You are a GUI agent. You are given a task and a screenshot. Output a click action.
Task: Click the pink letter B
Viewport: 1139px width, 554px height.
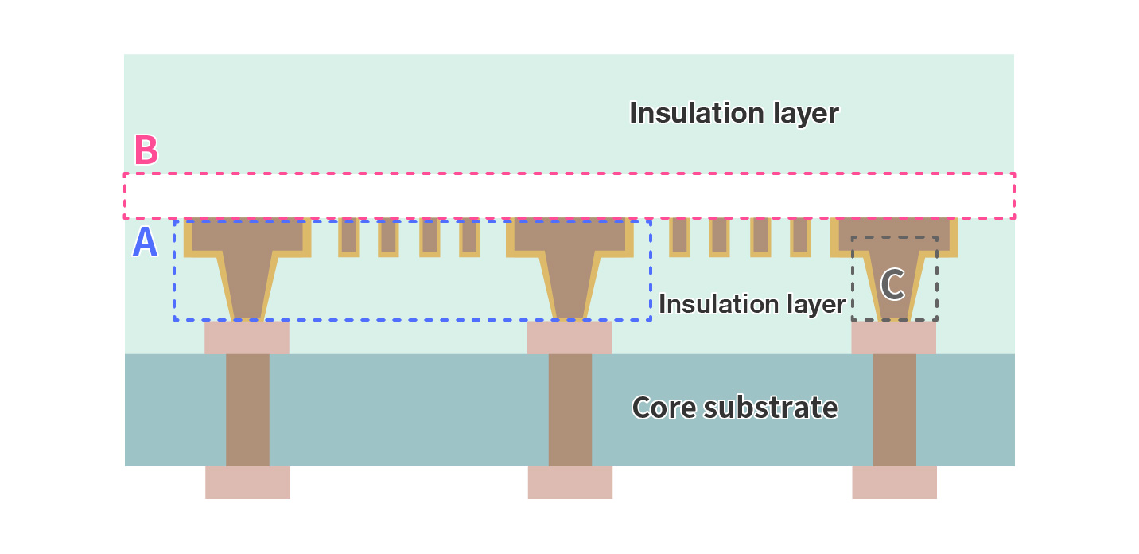146,150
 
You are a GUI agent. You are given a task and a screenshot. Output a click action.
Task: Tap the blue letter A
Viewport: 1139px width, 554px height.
145,243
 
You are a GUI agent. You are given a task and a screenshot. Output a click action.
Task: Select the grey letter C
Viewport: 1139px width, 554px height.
892,285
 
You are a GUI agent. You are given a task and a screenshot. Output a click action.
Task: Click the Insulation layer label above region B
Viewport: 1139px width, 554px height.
733,113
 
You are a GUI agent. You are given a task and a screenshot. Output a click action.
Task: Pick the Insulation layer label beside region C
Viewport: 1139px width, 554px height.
752,304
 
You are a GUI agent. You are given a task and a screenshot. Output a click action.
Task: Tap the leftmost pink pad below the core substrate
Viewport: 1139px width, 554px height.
247,482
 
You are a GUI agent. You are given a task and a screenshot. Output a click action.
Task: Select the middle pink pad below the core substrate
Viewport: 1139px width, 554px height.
570,482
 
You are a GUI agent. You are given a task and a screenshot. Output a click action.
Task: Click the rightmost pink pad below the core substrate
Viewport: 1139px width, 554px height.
894,482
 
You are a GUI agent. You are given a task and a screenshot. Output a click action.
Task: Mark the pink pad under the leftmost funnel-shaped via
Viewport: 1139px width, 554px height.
247,337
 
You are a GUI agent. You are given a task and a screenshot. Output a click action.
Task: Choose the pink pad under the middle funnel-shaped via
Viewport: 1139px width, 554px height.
569,337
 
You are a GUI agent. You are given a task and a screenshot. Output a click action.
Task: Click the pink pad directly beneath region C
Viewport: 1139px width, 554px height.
893,337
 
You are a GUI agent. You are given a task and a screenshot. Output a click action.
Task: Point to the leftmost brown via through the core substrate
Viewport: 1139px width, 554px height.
247,409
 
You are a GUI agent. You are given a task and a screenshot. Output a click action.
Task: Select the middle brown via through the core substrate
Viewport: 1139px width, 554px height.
570,409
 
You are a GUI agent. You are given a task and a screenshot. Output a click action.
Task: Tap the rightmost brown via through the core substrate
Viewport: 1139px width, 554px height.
894,409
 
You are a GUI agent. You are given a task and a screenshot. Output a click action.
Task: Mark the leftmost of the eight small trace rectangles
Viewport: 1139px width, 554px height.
348,236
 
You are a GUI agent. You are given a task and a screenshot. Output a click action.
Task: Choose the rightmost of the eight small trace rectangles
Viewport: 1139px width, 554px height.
800,236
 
